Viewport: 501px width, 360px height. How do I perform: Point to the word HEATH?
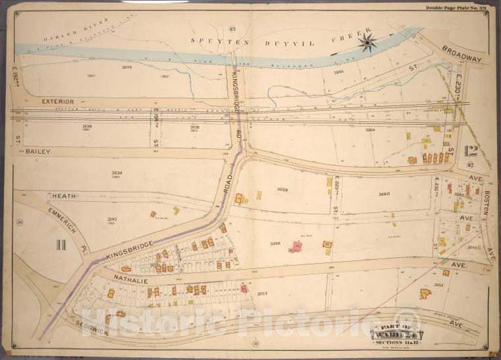pyautogui.click(x=65, y=195)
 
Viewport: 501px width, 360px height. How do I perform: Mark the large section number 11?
pyautogui.click(x=61, y=245)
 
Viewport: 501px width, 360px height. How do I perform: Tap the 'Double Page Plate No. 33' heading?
pyautogui.click(x=456, y=7)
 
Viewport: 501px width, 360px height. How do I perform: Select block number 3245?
pyautogui.click(x=127, y=67)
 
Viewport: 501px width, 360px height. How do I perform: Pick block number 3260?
pyautogui.click(x=384, y=194)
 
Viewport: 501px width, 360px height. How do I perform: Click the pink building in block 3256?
pyautogui.click(x=296, y=247)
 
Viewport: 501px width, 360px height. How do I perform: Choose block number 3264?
pyautogui.click(x=370, y=130)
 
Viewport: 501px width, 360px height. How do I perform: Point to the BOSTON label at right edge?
pyautogui.click(x=486, y=202)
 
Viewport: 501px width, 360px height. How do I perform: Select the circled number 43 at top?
pyautogui.click(x=231, y=28)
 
